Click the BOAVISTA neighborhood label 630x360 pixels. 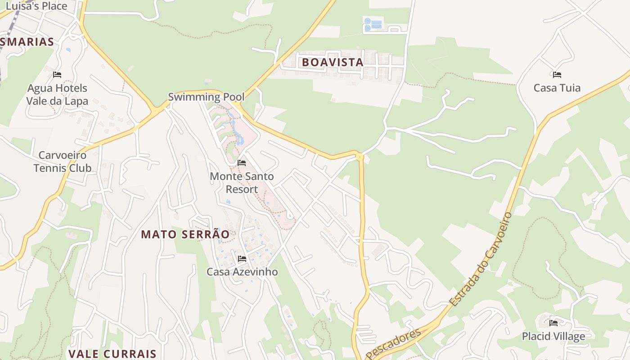(333, 62)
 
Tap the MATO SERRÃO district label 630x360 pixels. (185, 234)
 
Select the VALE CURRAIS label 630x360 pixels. (112, 354)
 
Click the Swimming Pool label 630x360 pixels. (206, 97)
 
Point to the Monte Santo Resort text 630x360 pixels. (242, 183)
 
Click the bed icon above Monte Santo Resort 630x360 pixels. (242, 163)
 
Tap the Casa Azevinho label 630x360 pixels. (242, 272)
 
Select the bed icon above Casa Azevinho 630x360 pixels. (242, 259)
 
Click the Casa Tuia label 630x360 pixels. (557, 88)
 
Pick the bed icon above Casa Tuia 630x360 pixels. (557, 75)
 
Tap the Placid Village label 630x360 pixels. (553, 336)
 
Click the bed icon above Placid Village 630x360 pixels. (553, 323)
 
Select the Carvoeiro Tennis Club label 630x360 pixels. (62, 162)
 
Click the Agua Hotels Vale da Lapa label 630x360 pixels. (57, 94)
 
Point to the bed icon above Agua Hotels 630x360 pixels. (57, 75)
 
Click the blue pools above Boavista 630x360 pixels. (373, 24)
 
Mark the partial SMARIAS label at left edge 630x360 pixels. (27, 42)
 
